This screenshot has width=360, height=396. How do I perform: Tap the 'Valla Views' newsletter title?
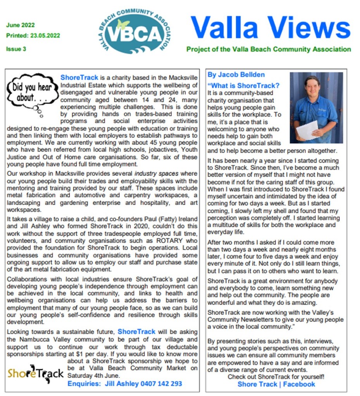pos(270,28)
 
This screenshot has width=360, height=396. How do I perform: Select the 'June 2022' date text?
pos(20,26)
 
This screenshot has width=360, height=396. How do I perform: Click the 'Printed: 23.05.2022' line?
pos(33,36)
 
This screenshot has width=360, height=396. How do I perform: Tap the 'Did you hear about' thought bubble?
pos(33,92)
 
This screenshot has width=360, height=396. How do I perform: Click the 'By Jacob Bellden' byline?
pos(236,75)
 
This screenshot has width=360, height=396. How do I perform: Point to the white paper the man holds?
pos(307,130)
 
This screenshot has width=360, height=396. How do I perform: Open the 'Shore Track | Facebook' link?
pos(276,384)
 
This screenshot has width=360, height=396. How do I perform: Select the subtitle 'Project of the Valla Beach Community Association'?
pos(269,49)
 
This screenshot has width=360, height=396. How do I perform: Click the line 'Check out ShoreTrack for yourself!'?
pos(276,377)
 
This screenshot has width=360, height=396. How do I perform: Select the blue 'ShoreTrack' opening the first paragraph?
pos(79,77)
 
